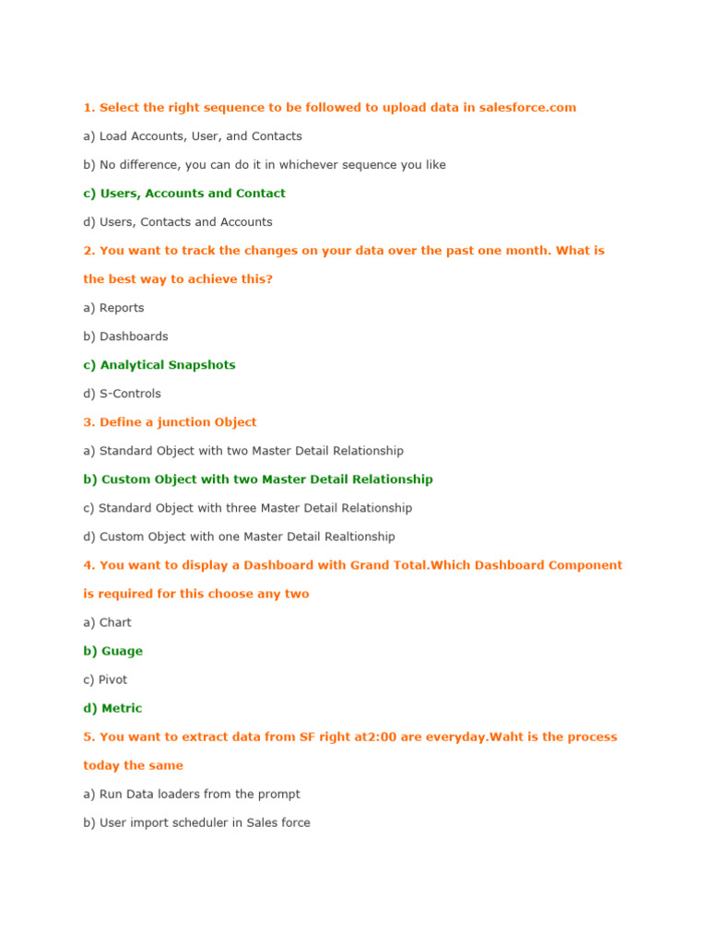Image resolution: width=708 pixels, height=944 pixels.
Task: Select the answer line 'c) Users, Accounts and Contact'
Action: coord(184,194)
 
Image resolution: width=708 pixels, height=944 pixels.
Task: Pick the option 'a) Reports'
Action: coord(113,308)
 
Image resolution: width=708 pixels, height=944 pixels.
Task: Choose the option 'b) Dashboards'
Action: coord(125,336)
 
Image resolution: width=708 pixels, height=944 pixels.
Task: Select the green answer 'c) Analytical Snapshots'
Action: coord(159,365)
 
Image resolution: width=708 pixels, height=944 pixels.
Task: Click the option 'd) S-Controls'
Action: coord(122,394)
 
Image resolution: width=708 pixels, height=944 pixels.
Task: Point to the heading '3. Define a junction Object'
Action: coord(170,422)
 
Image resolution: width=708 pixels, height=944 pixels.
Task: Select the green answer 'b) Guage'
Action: coord(112,651)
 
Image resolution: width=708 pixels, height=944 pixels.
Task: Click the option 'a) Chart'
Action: coord(107,622)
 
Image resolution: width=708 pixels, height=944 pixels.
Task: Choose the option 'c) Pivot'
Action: coord(105,679)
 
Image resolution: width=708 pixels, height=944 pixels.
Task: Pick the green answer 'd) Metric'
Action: coord(112,708)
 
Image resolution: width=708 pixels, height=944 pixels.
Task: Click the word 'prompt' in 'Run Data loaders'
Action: coord(279,794)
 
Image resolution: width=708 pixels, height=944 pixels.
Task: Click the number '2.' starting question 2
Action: coord(89,251)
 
